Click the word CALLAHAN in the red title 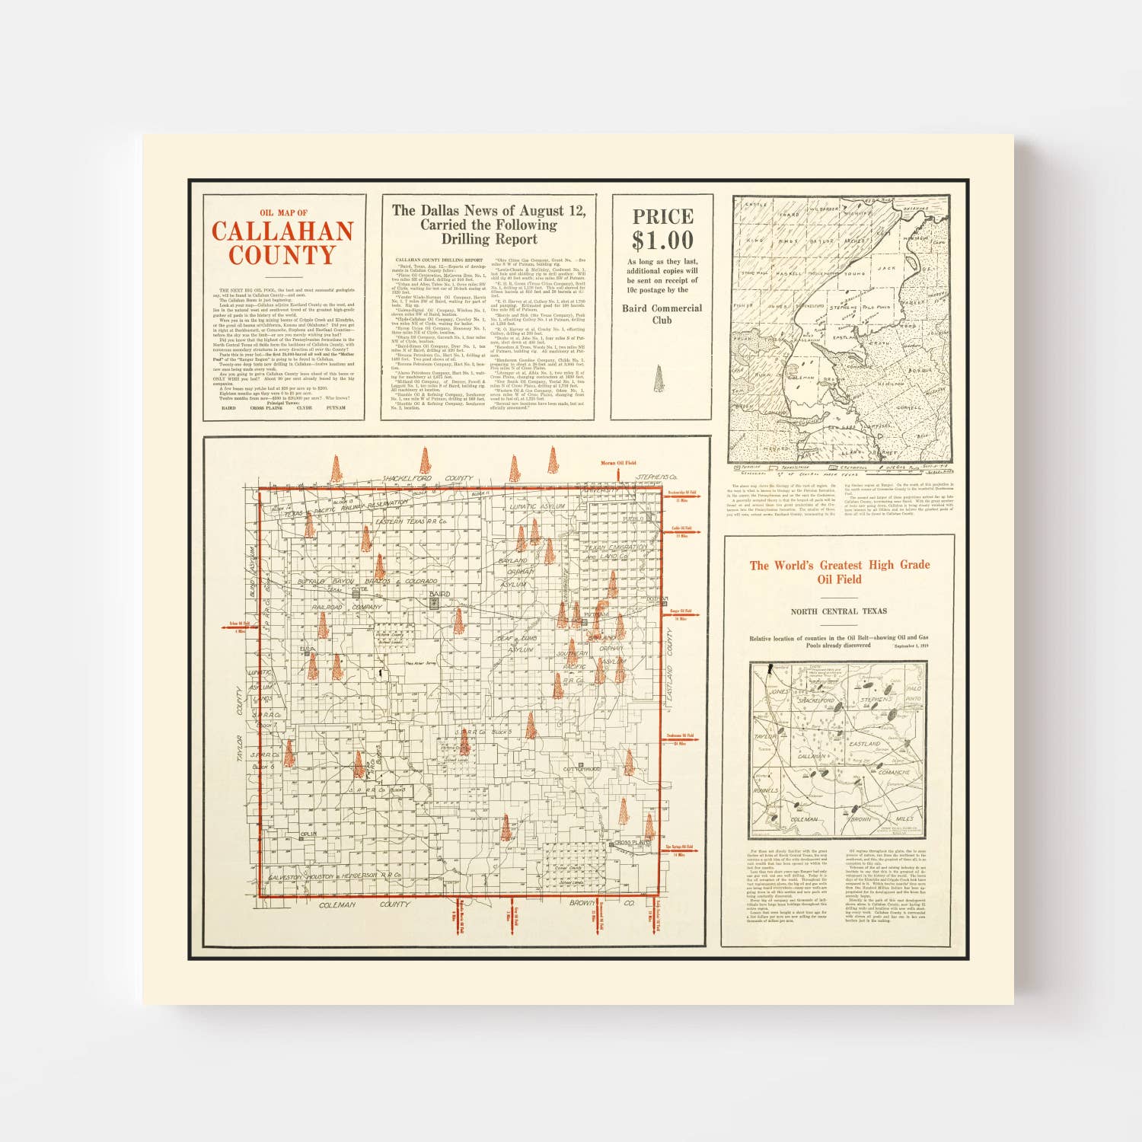click(282, 231)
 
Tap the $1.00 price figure click(662, 241)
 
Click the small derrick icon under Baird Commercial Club click(659, 378)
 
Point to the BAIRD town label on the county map click(439, 593)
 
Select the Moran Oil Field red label click(618, 463)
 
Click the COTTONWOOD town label click(582, 770)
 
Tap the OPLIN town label click(308, 834)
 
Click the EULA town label click(307, 649)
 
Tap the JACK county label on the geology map click(886, 268)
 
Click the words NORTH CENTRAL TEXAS click(838, 611)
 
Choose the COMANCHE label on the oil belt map click(894, 772)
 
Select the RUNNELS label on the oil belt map click(765, 790)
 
